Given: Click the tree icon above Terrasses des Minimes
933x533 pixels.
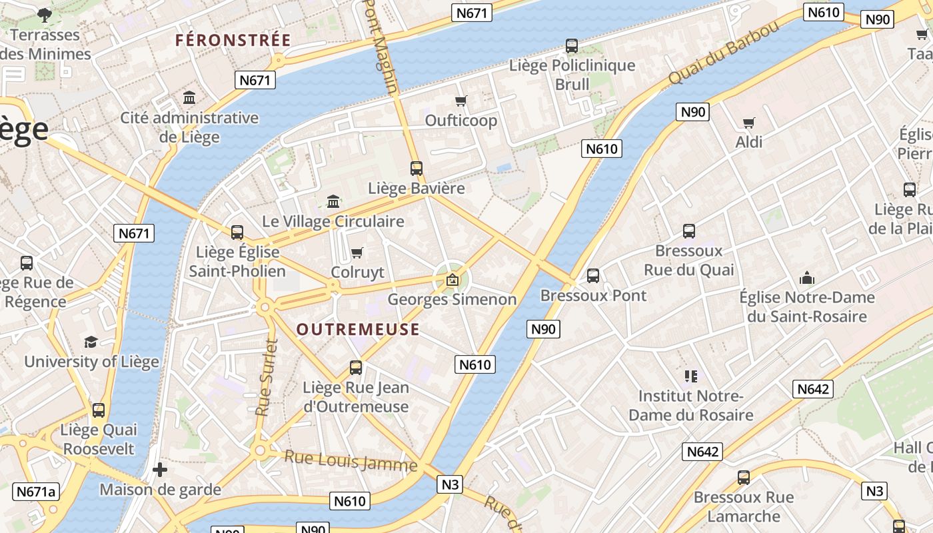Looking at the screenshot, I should [x=45, y=15].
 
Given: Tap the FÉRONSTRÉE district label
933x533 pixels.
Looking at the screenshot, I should [x=233, y=40].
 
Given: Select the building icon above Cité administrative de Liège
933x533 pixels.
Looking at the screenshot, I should [x=189, y=98].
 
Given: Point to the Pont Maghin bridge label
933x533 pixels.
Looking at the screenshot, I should [x=381, y=47].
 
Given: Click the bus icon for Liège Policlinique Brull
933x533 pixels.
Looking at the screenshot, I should [x=572, y=46].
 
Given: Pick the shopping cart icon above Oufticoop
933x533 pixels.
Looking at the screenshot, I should [x=461, y=101].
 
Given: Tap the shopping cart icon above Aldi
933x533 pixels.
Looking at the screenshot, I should [x=748, y=123].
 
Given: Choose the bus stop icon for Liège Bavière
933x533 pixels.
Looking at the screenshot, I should [x=417, y=169].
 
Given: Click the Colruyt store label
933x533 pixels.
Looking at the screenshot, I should [x=358, y=272].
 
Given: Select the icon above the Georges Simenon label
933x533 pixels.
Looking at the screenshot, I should [x=453, y=280].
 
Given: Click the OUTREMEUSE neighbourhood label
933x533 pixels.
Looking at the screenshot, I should [x=358, y=329].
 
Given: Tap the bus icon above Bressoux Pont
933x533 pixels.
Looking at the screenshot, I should [x=592, y=275].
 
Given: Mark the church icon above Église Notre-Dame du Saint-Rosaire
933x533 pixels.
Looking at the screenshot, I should [x=807, y=277].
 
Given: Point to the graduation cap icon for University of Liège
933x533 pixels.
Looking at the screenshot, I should [x=91, y=342].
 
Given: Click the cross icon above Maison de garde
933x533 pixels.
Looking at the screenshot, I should [x=160, y=470].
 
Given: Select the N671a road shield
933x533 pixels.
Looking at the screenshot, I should [x=36, y=492].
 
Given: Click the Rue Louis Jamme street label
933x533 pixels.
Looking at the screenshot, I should [x=351, y=461].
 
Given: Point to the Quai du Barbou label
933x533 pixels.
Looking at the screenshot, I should [x=723, y=53].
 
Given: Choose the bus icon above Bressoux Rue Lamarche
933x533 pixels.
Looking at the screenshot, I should [x=744, y=477].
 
